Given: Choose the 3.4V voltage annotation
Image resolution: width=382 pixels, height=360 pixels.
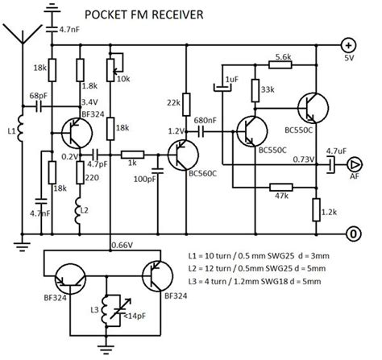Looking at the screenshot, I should coord(89,102).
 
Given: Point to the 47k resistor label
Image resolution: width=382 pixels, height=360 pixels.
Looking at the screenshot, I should coord(280,195).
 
